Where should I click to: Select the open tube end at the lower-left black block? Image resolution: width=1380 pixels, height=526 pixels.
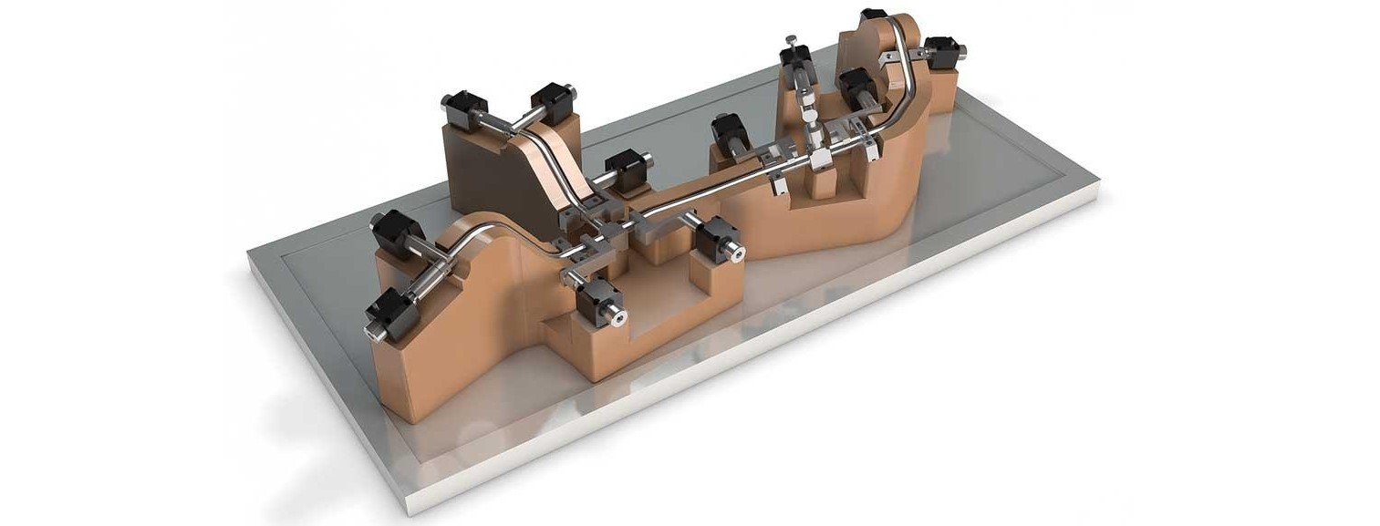point(373,333)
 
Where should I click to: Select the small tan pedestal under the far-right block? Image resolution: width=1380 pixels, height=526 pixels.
point(945,87)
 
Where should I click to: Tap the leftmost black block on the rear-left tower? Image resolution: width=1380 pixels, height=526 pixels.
point(463,109)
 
